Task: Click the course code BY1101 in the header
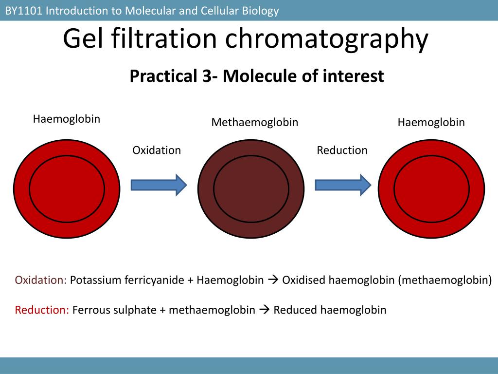pyautogui.click(x=23, y=11)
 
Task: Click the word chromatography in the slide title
pyautogui.click(x=327, y=39)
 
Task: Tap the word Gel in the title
pyautogui.click(x=83, y=38)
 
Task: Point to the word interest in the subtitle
pyautogui.click(x=353, y=76)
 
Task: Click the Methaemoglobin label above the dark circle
pyautogui.click(x=255, y=122)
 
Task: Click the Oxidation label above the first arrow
pyautogui.click(x=157, y=150)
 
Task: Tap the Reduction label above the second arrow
pyautogui.click(x=342, y=150)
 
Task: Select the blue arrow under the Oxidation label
pyautogui.click(x=159, y=185)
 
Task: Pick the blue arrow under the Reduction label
pyautogui.click(x=343, y=185)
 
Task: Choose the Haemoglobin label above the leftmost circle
pyautogui.click(x=67, y=119)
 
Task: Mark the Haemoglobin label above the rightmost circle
pyautogui.click(x=431, y=122)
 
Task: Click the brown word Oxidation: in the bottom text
pyautogui.click(x=41, y=280)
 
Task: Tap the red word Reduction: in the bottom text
pyautogui.click(x=42, y=310)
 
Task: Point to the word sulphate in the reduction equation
pyautogui.click(x=137, y=310)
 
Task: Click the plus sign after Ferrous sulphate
pyautogui.click(x=162, y=310)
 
